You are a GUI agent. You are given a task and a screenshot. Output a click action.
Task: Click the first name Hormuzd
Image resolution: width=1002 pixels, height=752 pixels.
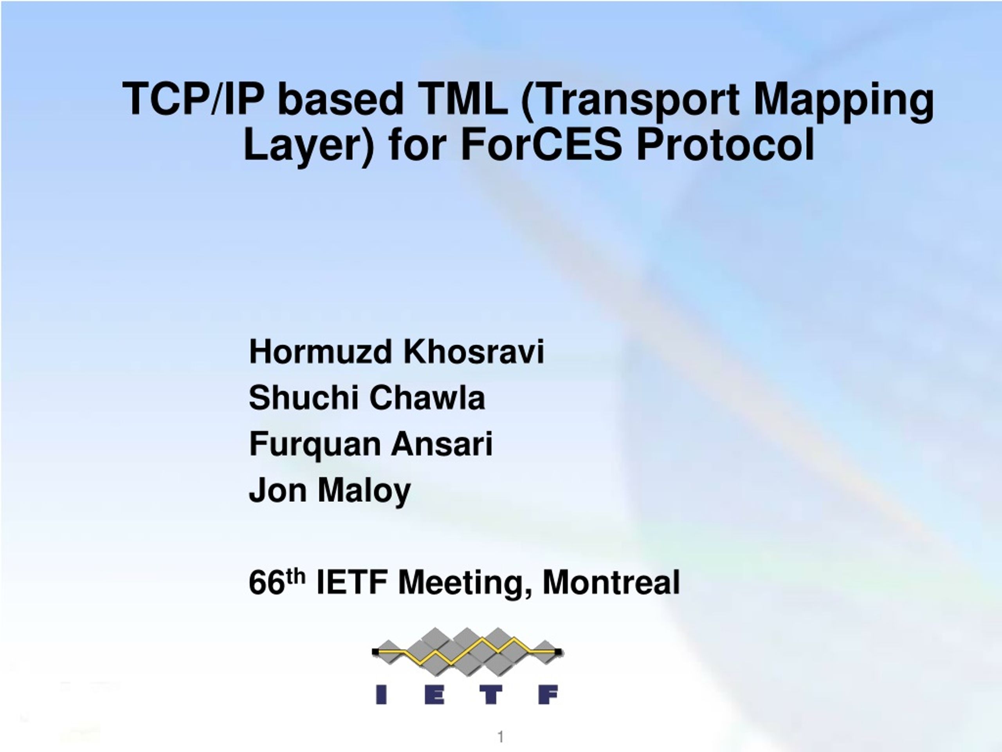point(320,352)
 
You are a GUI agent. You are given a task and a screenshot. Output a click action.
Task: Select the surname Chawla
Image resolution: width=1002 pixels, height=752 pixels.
point(427,398)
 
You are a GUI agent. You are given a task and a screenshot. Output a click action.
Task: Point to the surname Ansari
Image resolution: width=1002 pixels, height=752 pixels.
point(442,444)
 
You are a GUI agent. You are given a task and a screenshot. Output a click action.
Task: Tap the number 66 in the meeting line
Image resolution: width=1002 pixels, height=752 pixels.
point(267,582)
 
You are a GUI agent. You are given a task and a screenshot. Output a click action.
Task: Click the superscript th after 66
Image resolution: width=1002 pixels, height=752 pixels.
point(296,576)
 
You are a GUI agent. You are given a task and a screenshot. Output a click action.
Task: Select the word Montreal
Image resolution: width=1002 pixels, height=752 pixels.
point(611,582)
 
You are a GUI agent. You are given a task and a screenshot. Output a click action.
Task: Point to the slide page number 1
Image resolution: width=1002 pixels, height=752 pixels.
point(501,737)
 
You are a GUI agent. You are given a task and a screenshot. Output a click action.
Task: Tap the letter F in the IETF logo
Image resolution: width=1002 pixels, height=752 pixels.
point(548,695)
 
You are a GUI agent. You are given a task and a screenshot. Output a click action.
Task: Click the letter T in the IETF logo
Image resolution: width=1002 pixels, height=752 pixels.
point(491,695)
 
